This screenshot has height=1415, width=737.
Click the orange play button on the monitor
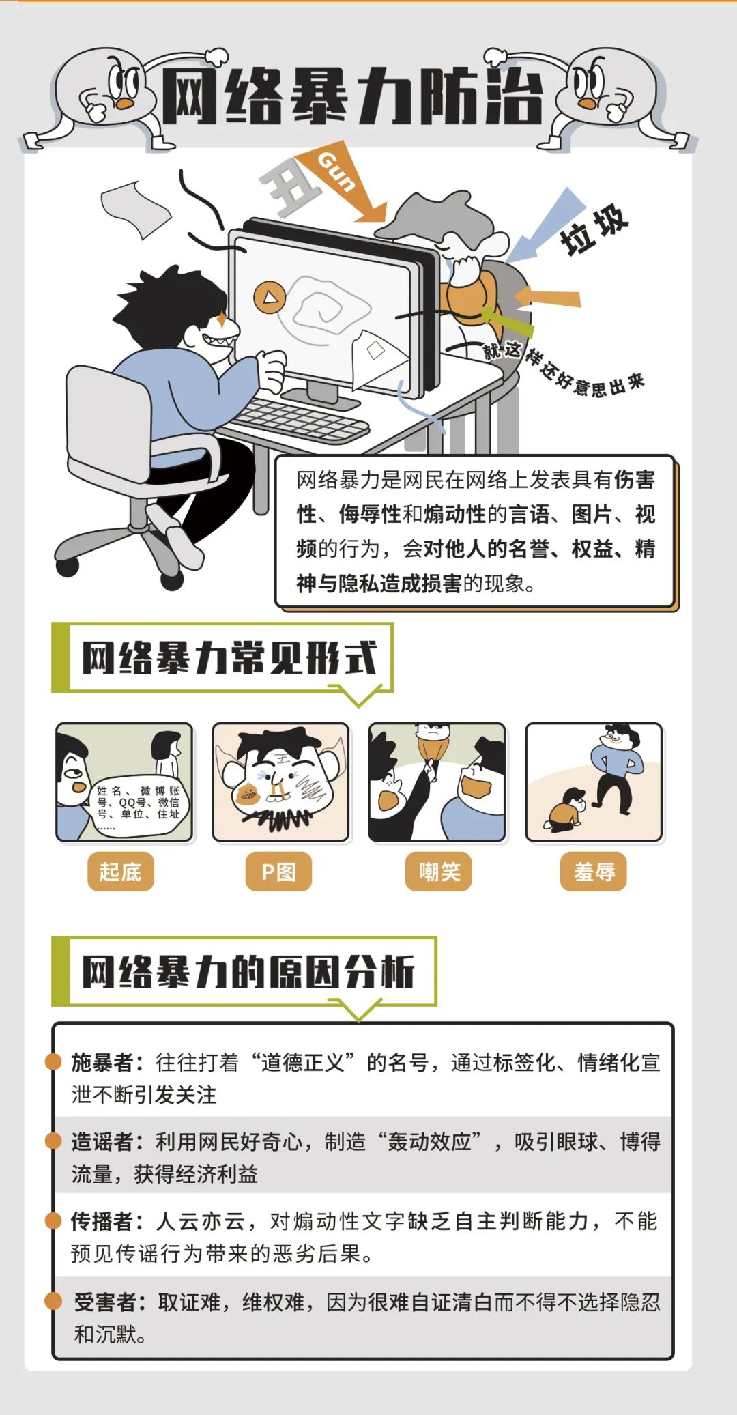270,297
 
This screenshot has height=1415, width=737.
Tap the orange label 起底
120,872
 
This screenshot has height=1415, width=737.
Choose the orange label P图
278,872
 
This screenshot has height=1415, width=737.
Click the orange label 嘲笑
439,872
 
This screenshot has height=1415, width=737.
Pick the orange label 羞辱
594,872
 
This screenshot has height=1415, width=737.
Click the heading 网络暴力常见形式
229,657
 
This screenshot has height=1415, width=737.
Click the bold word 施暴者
102,1062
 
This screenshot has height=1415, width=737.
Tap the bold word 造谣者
102,1141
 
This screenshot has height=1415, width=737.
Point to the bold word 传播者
102,1221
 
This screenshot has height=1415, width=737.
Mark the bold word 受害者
104,1302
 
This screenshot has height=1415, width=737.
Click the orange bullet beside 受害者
53,1301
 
